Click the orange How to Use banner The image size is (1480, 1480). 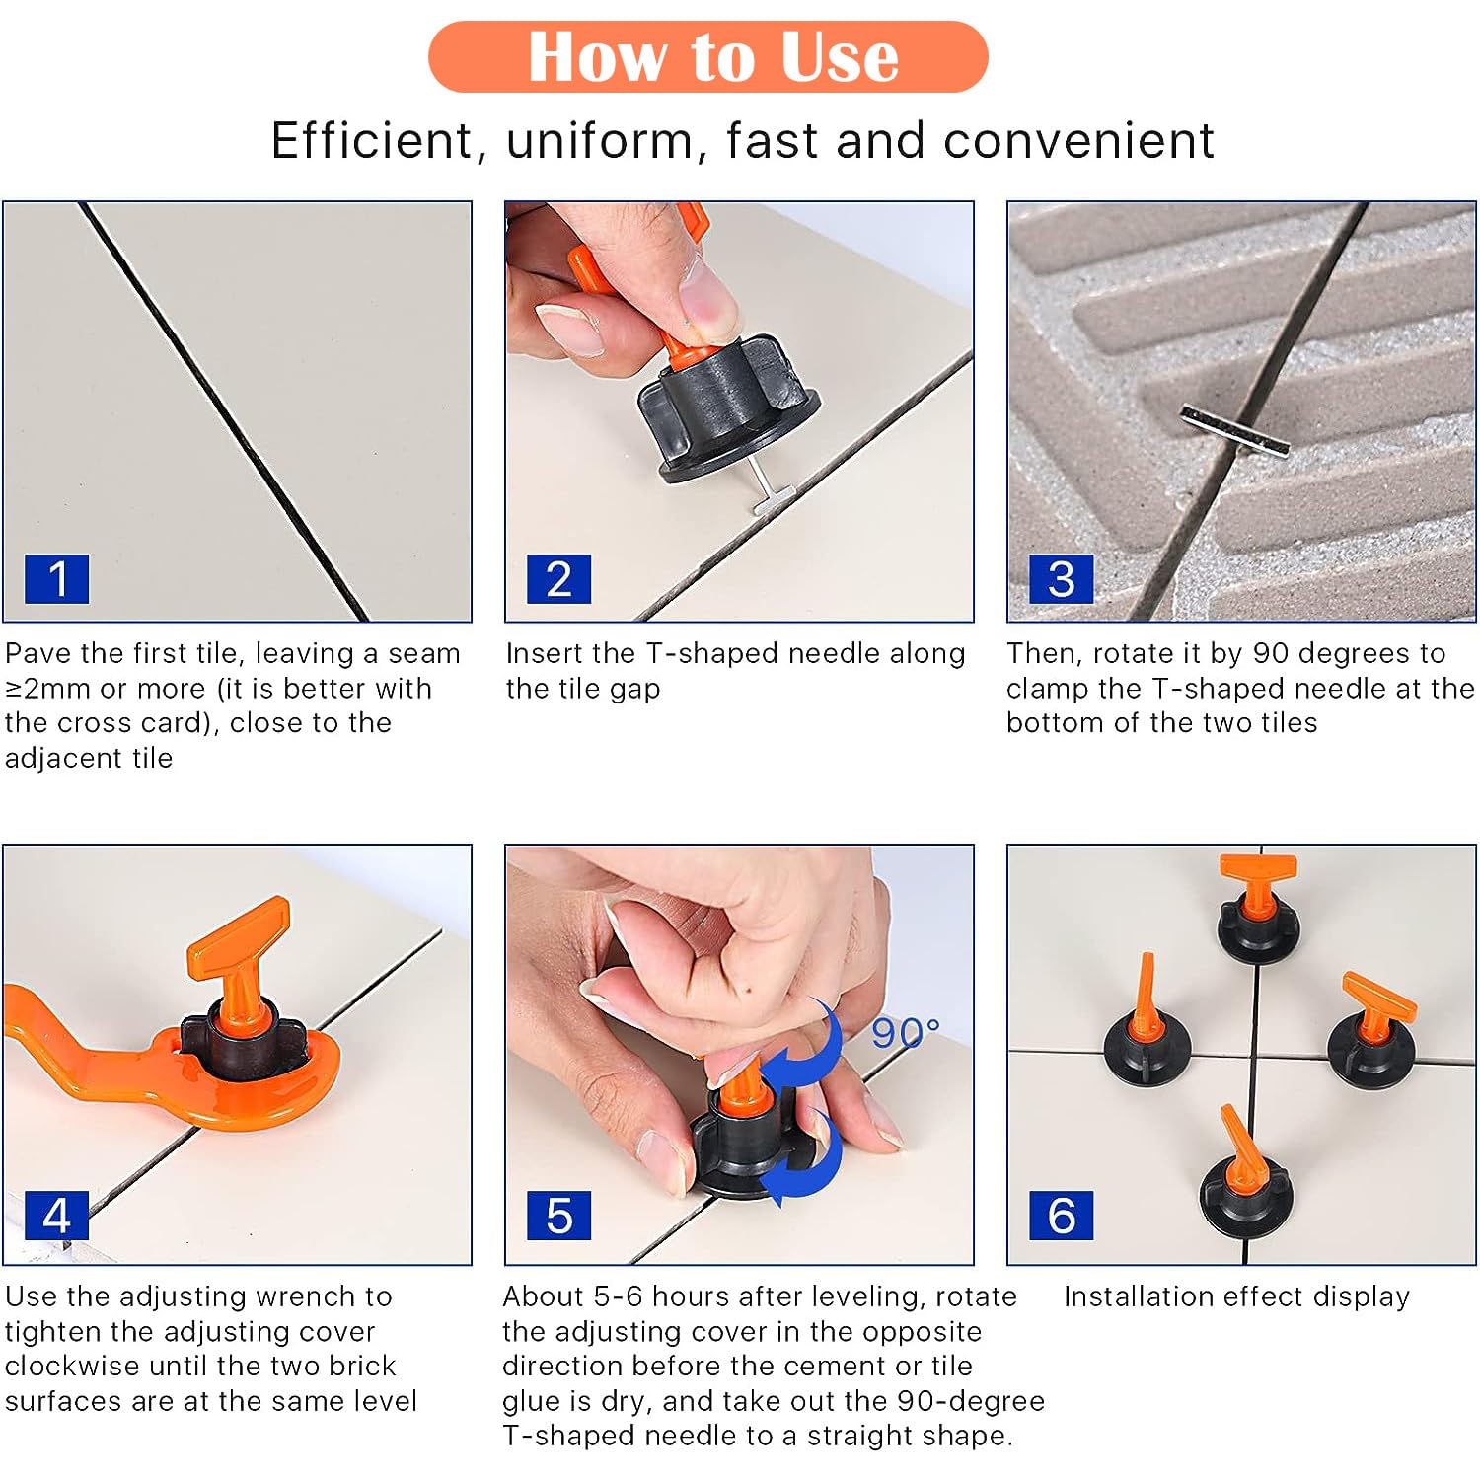(x=707, y=57)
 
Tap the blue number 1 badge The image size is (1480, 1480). (x=57, y=578)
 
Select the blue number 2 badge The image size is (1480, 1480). (x=558, y=578)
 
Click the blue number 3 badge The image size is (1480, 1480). (x=1061, y=578)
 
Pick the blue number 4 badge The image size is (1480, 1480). (x=57, y=1215)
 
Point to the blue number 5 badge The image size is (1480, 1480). (x=558, y=1215)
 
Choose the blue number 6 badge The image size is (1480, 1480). (x=1061, y=1215)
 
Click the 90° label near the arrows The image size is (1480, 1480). (x=905, y=1033)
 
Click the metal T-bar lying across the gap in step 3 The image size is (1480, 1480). (x=1234, y=431)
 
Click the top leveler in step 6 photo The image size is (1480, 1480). (x=1256, y=913)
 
